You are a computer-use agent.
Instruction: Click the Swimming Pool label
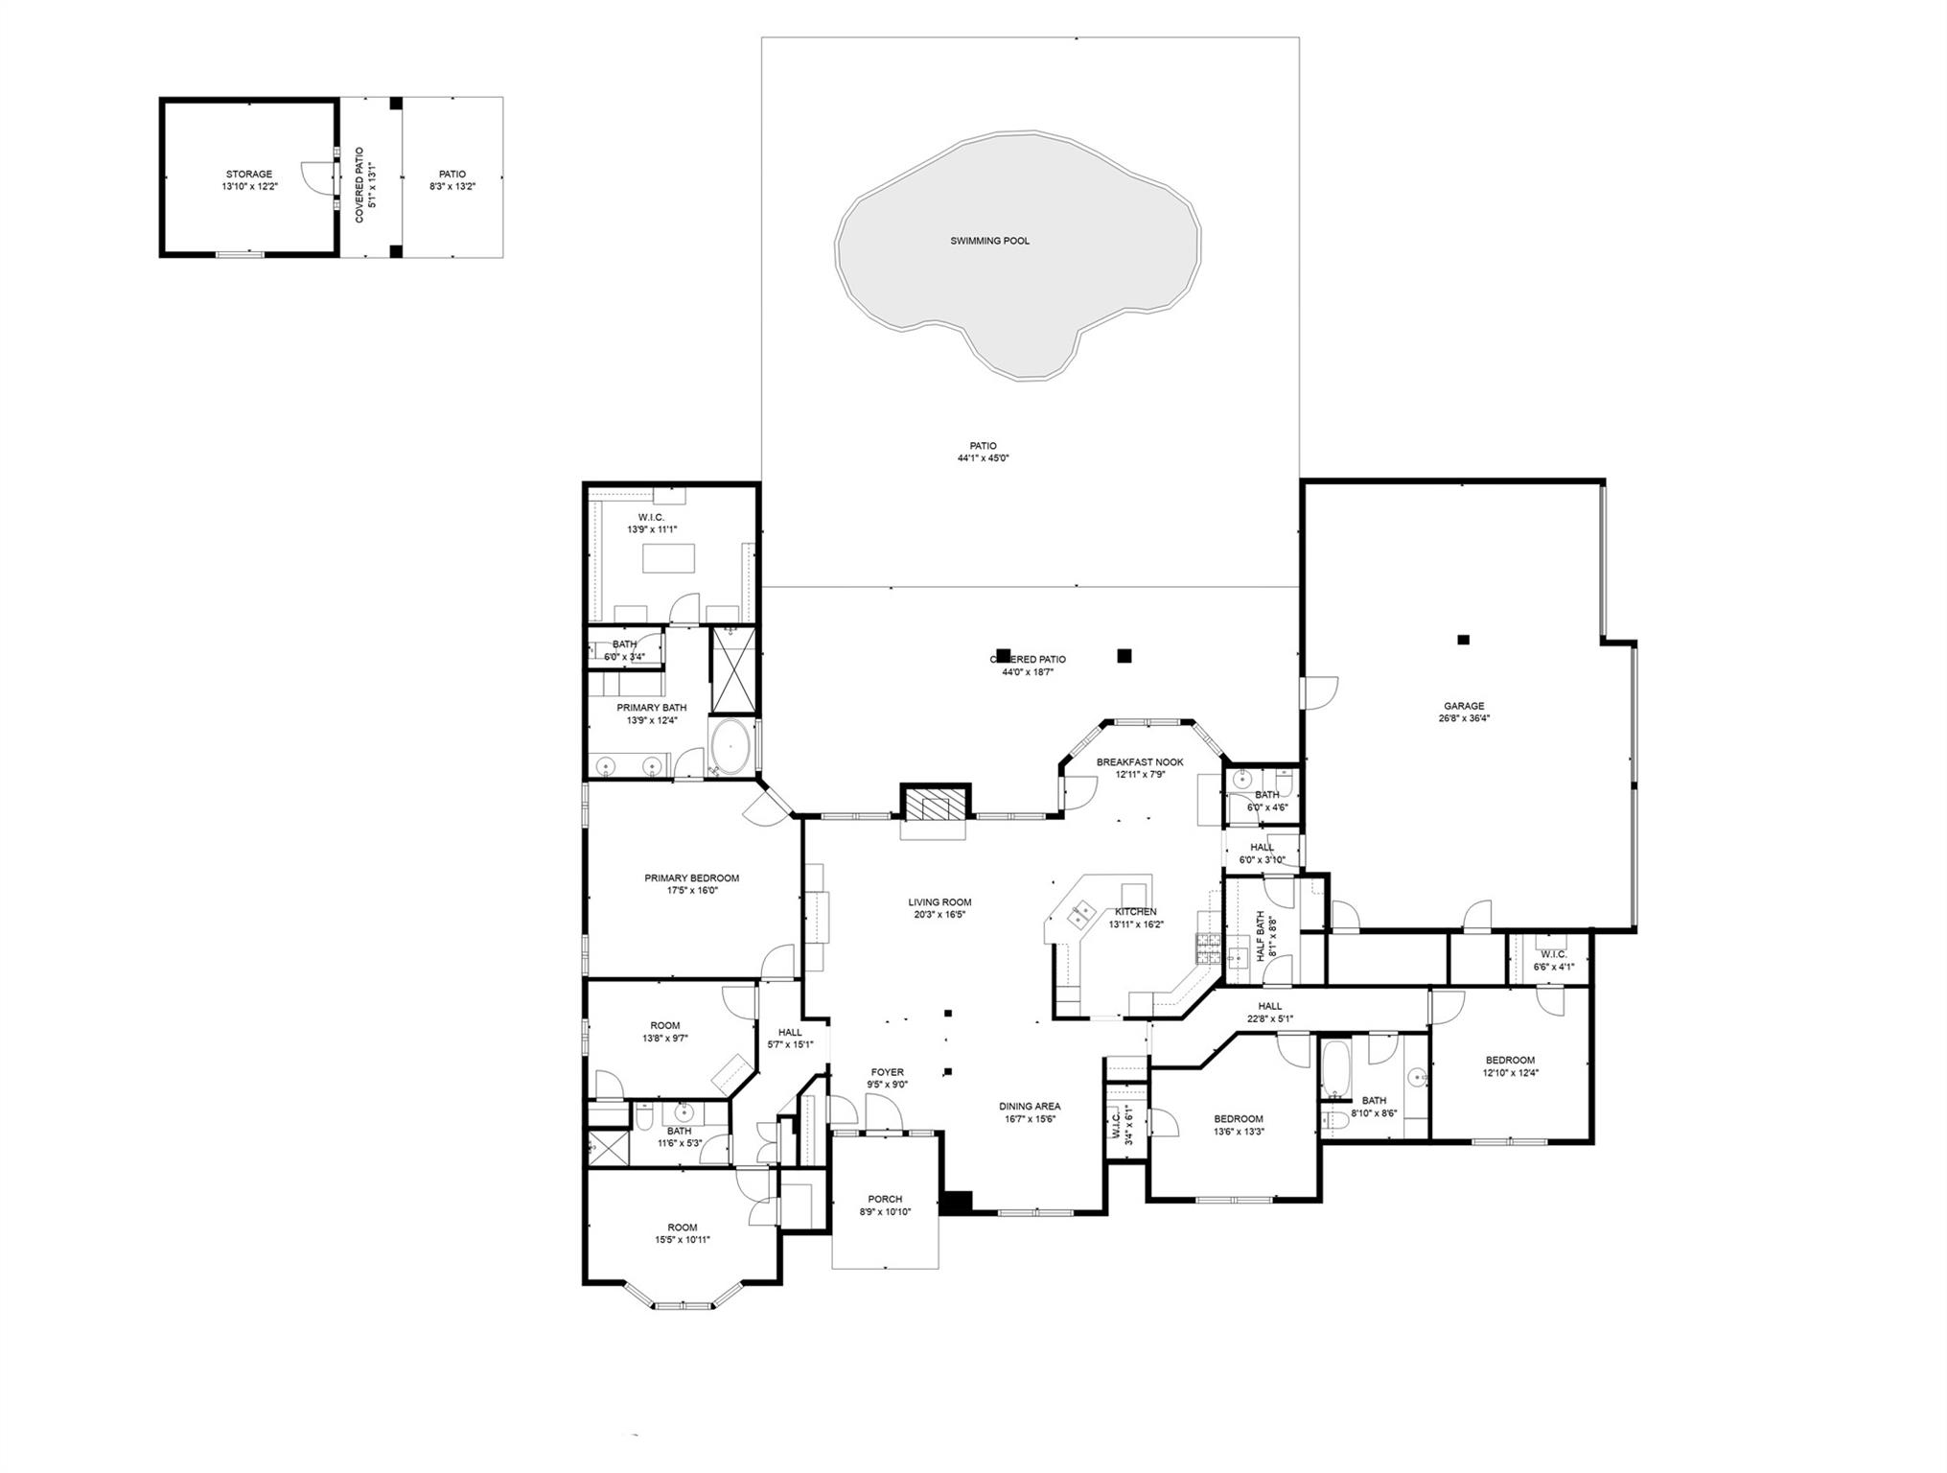tap(989, 241)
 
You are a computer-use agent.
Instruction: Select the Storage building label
tap(248, 175)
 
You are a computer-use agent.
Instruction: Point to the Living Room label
tap(939, 902)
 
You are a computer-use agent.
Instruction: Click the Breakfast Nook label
tap(1140, 762)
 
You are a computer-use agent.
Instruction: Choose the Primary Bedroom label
tap(691, 877)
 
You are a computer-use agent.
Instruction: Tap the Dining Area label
tap(1030, 1106)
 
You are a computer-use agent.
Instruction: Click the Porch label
tap(885, 1199)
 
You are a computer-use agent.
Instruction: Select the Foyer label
tap(887, 1072)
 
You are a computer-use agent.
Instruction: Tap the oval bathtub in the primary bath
tap(731, 746)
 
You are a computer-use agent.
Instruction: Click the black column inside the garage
tap(1463, 640)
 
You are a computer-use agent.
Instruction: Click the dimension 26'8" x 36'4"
tap(1464, 718)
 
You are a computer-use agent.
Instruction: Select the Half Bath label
tap(1260, 936)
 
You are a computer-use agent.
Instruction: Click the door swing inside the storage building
tap(314, 177)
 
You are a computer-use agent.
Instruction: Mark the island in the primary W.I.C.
tap(668, 558)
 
